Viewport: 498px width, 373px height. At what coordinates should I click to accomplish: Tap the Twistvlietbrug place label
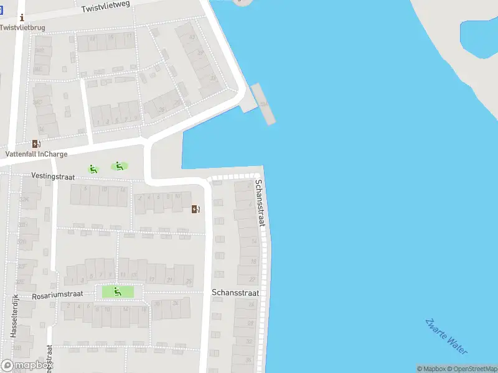pos(22,27)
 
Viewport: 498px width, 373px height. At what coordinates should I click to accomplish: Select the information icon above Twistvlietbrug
pos(22,18)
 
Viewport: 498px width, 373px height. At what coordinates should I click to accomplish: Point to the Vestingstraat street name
pos(57,176)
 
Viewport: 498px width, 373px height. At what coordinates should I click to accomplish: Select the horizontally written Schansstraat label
pos(235,292)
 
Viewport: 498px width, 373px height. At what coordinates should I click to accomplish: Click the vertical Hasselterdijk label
pos(13,315)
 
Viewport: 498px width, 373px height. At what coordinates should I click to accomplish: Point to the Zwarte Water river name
pos(446,336)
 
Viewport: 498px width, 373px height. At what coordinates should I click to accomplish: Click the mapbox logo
pos(26,366)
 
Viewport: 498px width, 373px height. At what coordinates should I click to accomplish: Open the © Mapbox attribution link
pos(431,369)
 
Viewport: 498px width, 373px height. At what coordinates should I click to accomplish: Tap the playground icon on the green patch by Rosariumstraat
pos(117,291)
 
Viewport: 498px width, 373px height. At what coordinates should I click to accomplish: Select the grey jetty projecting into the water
pos(263,103)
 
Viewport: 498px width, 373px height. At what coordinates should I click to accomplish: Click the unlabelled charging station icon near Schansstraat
pos(195,209)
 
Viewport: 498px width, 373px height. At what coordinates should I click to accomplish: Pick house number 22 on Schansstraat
pos(252,279)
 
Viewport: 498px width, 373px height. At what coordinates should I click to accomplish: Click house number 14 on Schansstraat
pos(254,241)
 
